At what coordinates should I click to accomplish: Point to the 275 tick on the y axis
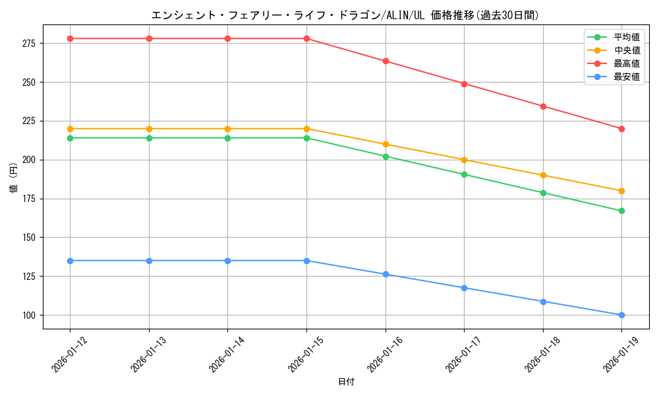coord(30,44)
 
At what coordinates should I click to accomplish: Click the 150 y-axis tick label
coord(30,238)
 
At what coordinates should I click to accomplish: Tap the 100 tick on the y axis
coord(30,315)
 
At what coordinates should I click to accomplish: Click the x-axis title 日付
coord(345,382)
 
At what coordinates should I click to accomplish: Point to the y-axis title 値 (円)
coord(14,179)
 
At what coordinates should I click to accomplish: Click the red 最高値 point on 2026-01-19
coord(621,129)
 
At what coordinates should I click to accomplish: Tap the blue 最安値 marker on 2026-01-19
coord(621,315)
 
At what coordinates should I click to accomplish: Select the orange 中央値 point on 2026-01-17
coord(464,160)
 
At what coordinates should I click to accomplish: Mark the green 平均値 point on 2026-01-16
coord(386,156)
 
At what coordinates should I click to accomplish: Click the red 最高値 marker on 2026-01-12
coord(70,38)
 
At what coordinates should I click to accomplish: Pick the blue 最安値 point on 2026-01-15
coord(306,261)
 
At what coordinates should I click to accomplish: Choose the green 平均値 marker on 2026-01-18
coord(543,193)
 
